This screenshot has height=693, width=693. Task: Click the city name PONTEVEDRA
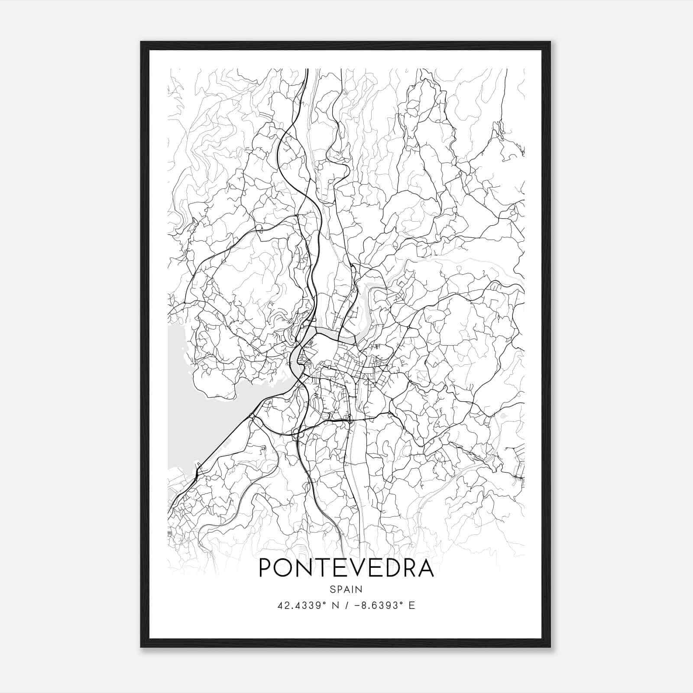tap(346, 568)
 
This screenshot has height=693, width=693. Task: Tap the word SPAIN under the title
tap(346, 589)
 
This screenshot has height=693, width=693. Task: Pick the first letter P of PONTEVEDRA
tap(266, 568)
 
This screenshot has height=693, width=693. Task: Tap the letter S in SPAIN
tap(332, 589)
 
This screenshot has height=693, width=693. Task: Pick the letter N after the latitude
tap(336, 606)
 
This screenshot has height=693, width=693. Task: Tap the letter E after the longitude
tap(412, 606)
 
